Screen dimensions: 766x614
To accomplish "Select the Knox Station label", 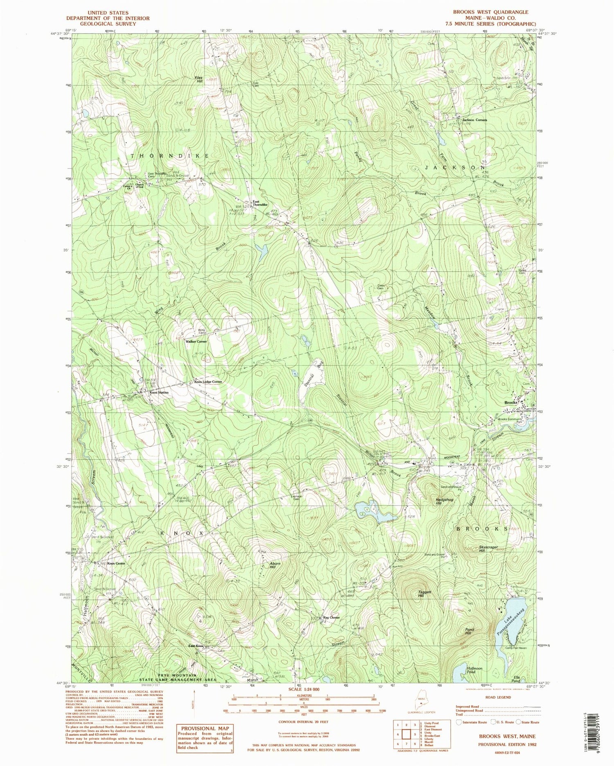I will [159, 393].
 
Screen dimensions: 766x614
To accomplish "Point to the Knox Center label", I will [116, 564].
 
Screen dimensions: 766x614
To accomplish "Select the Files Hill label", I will [199, 80].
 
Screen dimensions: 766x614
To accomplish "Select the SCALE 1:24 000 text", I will [304, 690].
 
